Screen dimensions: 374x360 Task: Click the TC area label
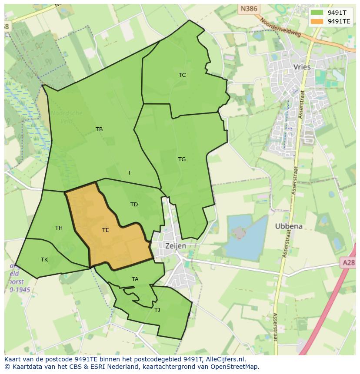[182, 75]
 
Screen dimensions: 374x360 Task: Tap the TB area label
[99, 129]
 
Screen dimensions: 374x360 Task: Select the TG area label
[182, 159]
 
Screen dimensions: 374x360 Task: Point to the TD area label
[134, 205]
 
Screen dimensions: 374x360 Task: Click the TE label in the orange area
[106, 230]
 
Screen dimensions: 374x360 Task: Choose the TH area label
[59, 228]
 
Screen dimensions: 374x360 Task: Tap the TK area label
[44, 260]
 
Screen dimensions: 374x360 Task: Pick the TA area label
[135, 279]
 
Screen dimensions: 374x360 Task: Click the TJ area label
[157, 310]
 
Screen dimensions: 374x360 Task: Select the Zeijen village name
[176, 246]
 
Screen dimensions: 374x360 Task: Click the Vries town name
[302, 67]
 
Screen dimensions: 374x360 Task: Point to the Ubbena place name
[289, 226]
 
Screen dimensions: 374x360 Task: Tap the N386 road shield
[249, 8]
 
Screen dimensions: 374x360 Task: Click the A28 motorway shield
[348, 262]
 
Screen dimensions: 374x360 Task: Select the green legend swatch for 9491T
[317, 12]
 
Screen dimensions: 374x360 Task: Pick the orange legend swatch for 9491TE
[317, 21]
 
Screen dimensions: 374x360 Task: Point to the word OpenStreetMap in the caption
[234, 367]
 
